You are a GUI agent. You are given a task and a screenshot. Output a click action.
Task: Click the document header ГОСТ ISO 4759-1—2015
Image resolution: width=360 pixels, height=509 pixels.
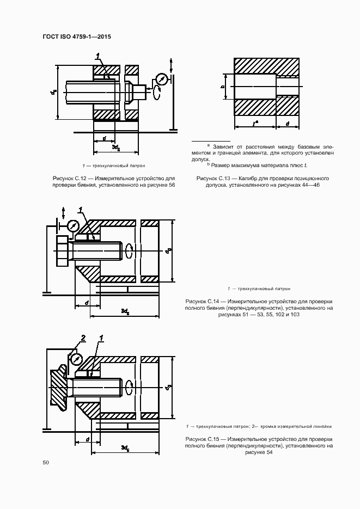point(76,37)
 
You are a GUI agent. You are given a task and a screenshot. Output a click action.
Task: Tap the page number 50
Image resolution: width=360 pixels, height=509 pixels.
point(46,462)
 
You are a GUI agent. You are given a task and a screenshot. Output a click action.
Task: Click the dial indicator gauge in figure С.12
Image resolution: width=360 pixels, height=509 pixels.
point(161,79)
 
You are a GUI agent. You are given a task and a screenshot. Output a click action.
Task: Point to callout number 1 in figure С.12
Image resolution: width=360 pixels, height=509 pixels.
point(97,56)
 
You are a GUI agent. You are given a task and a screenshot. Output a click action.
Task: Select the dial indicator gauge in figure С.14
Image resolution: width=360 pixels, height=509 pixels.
point(73,225)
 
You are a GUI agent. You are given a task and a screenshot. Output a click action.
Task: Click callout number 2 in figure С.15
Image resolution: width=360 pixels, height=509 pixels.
point(83,339)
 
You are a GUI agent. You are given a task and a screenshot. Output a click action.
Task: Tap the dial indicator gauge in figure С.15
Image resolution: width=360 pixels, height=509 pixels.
point(76,359)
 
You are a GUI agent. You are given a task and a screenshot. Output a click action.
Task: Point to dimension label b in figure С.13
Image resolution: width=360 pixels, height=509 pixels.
point(223,86)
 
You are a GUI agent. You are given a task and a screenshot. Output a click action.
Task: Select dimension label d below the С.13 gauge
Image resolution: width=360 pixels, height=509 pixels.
point(287,124)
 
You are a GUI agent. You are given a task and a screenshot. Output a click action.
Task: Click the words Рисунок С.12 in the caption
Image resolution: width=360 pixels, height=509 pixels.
point(70,178)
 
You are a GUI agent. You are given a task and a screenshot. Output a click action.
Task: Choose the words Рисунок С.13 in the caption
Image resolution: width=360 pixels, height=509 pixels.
point(214,178)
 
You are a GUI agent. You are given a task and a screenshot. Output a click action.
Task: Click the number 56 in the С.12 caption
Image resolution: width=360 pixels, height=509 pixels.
point(172,185)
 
